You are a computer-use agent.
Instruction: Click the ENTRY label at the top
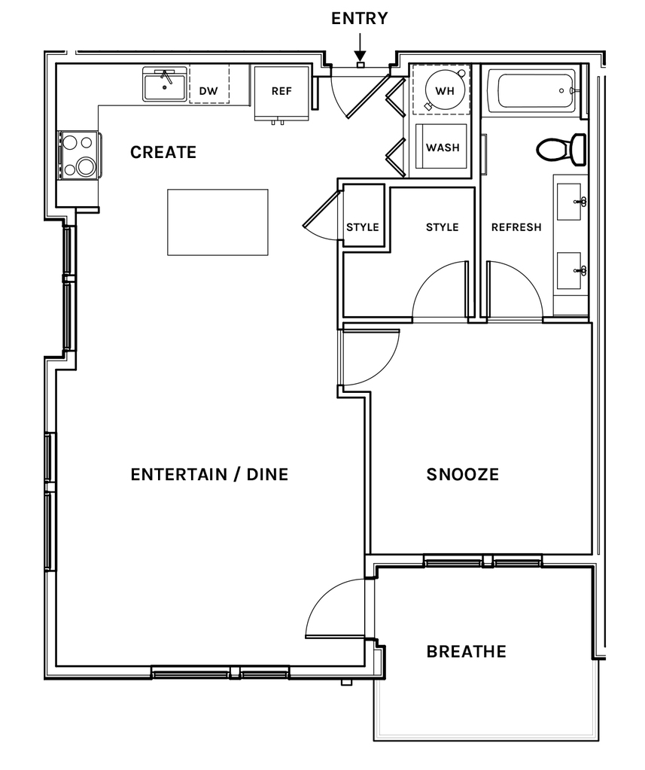[359, 19]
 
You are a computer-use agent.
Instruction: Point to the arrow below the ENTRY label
[360, 47]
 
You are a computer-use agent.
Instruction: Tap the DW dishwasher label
[208, 91]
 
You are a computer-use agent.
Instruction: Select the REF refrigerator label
[281, 91]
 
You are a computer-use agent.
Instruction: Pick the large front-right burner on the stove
[87, 166]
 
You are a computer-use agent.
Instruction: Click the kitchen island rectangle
[218, 222]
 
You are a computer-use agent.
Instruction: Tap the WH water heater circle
[445, 91]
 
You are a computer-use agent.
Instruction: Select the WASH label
[443, 148]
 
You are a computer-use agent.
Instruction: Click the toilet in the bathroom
[562, 149]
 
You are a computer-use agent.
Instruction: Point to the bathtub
[536, 91]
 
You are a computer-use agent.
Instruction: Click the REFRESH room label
[516, 227]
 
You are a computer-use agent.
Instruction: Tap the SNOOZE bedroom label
[462, 474]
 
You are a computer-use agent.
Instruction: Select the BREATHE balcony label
[467, 652]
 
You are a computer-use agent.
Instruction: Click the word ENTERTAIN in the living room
[179, 474]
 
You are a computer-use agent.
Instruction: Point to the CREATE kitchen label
[163, 152]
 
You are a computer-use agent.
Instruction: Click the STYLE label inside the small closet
[363, 227]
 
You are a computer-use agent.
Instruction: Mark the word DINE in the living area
[267, 474]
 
